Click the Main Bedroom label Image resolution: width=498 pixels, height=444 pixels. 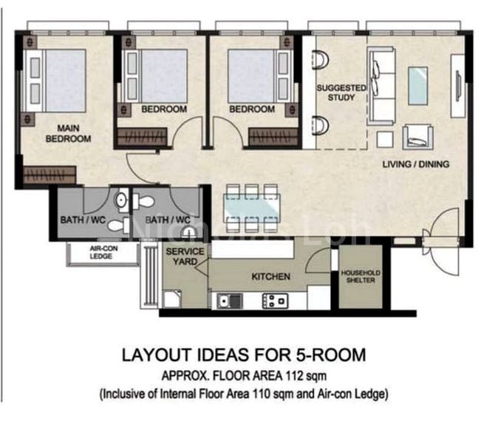(68, 134)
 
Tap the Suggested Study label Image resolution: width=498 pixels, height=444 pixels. (341, 92)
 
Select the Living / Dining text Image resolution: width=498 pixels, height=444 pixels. (416, 164)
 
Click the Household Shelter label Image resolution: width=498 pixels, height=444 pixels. (361, 276)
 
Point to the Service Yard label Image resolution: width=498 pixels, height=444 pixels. (185, 256)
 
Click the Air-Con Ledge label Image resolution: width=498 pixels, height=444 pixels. (103, 252)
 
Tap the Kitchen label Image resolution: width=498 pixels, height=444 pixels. (271, 276)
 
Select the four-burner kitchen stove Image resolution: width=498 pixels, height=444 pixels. (275, 300)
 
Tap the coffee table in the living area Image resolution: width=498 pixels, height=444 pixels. (417, 86)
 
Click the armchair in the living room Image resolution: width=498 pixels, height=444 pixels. (417, 137)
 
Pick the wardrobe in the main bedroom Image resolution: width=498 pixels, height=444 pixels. (50, 175)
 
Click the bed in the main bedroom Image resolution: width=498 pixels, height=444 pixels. (55, 81)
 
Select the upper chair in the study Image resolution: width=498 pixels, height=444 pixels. (321, 60)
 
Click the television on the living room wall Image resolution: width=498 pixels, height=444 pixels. (458, 87)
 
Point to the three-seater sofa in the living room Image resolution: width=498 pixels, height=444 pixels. (381, 86)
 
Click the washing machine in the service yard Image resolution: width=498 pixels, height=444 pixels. (172, 299)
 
